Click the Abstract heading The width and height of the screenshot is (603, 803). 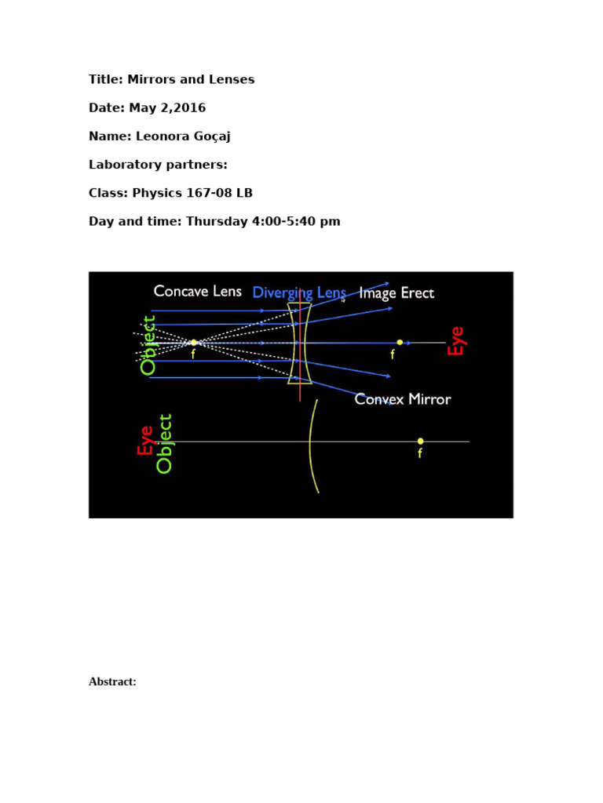[x=112, y=682]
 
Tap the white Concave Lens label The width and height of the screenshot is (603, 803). [x=198, y=291]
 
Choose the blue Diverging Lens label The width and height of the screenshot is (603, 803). [x=299, y=293]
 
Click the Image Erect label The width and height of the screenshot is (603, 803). [x=397, y=293]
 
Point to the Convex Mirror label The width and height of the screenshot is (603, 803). [x=403, y=399]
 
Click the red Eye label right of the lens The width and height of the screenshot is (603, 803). [x=456, y=341]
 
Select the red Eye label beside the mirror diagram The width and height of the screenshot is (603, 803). [x=145, y=441]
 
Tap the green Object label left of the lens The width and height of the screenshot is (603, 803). [x=148, y=345]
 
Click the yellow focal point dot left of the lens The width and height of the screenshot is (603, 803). [x=193, y=342]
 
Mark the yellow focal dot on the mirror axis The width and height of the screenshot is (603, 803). [x=421, y=441]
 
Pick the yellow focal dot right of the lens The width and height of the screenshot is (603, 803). [x=400, y=342]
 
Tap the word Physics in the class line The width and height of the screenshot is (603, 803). [x=156, y=193]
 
